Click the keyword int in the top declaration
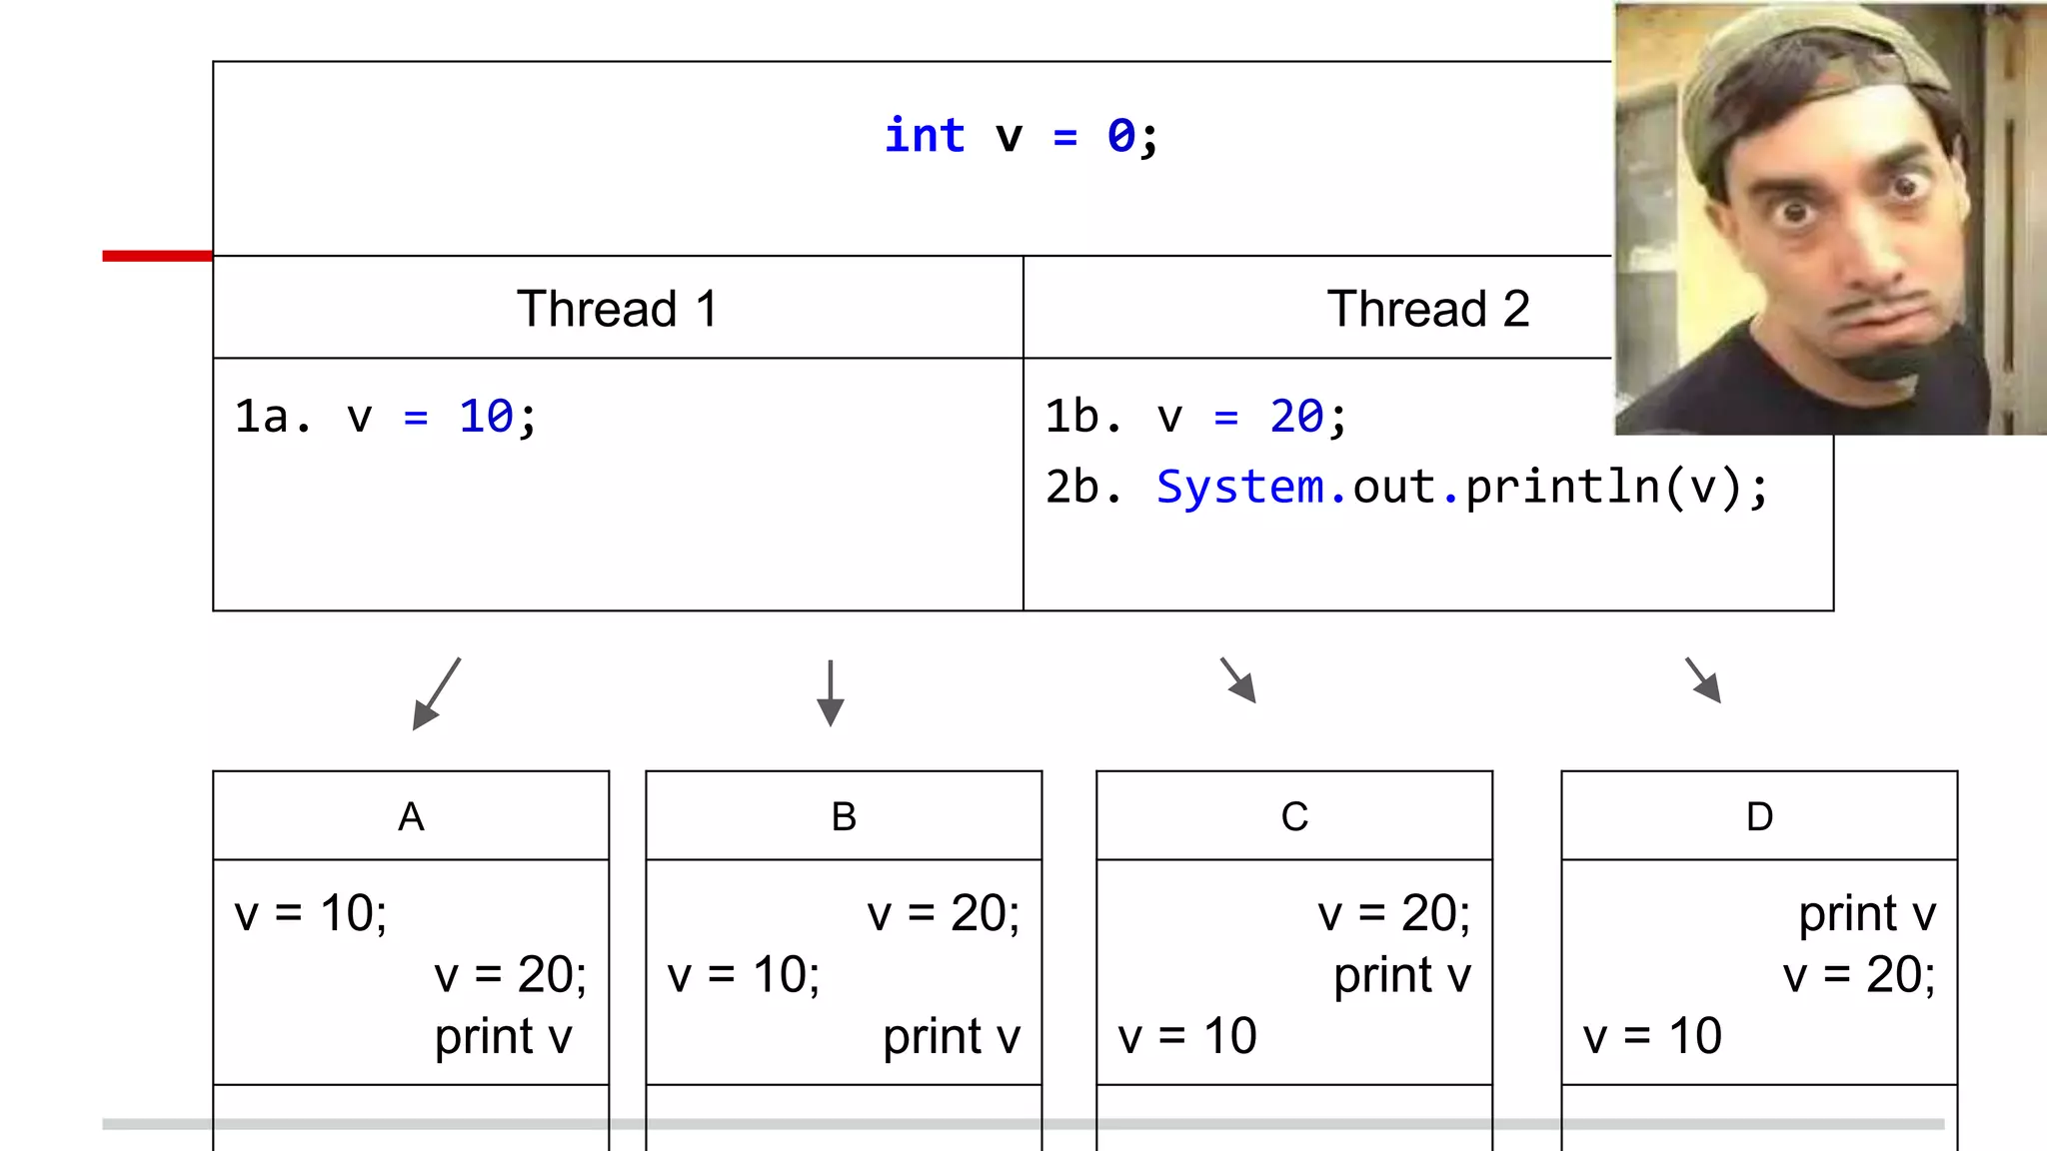pyautogui.click(x=925, y=136)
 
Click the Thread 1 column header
pyautogui.click(x=617, y=308)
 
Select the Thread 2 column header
pyautogui.click(x=1427, y=308)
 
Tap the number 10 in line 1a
pyautogui.click(x=486, y=416)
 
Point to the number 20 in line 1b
pyautogui.click(x=1296, y=416)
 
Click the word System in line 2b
pyautogui.click(x=1239, y=487)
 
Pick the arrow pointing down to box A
pyautogui.click(x=437, y=693)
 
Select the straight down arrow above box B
pyautogui.click(x=831, y=693)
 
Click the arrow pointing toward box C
pyautogui.click(x=1238, y=680)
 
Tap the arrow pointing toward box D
pyautogui.click(x=1703, y=680)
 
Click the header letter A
pyautogui.click(x=411, y=816)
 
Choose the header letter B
pyautogui.click(x=844, y=816)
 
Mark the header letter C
pyautogui.click(x=1294, y=816)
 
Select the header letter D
pyautogui.click(x=1759, y=816)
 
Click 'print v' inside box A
pyautogui.click(x=503, y=1036)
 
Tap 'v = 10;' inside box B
pyautogui.click(x=744, y=974)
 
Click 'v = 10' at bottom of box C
pyautogui.click(x=1186, y=1036)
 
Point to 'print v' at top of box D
pyautogui.click(x=1866, y=913)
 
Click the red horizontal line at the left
pyautogui.click(x=157, y=256)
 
